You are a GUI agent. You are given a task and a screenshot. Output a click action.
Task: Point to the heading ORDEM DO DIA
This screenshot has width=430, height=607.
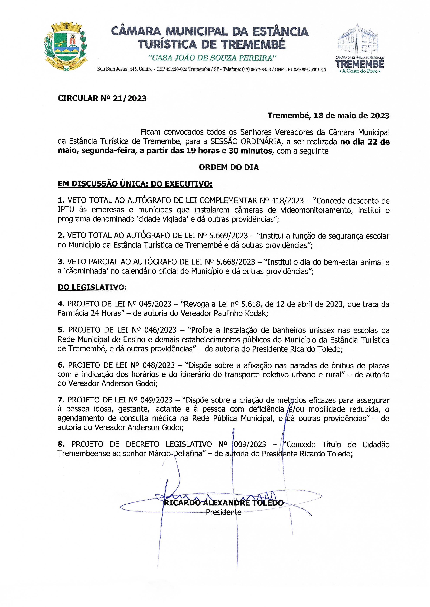click(x=229, y=167)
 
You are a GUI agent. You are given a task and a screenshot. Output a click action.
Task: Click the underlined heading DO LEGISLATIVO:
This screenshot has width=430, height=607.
click(x=92, y=287)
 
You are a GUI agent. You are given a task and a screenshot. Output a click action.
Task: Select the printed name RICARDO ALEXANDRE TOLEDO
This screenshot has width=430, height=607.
click(x=224, y=503)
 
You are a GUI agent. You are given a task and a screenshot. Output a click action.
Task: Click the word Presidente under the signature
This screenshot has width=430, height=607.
click(x=224, y=512)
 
